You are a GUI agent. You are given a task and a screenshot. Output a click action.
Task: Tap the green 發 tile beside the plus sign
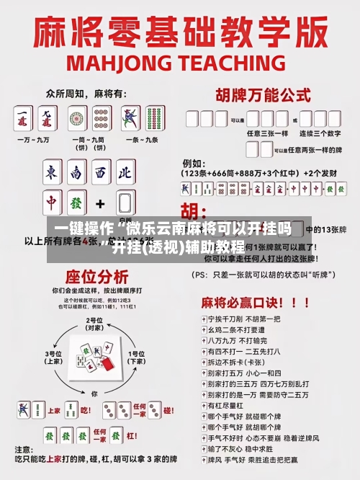pyautogui.click(x=77, y=203)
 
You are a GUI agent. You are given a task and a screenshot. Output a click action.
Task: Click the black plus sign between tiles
pyautogui.click(x=101, y=203)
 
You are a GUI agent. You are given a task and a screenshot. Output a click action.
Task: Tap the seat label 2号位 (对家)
pyautogui.click(x=94, y=324)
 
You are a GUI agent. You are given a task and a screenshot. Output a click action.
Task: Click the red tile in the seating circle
pyautogui.click(x=107, y=365)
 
